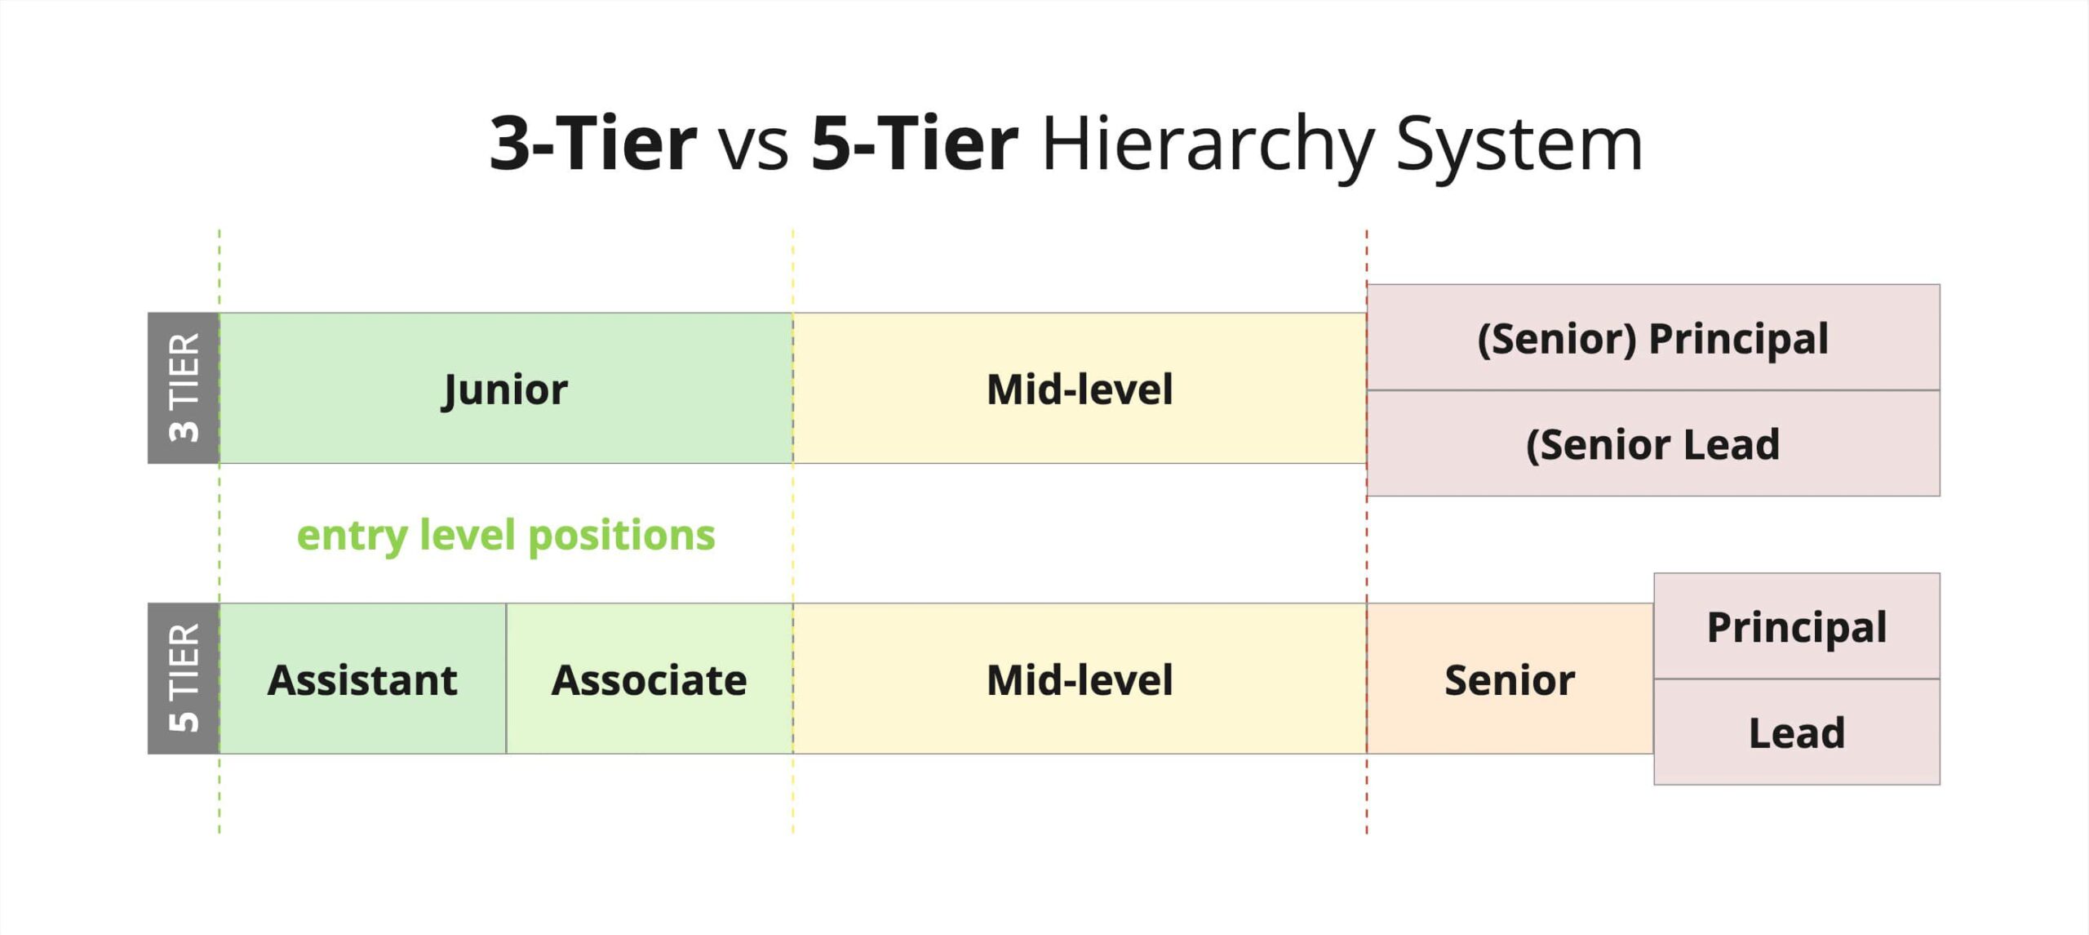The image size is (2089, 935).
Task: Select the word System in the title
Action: point(1519,145)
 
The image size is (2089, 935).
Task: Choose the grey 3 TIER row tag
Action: point(184,388)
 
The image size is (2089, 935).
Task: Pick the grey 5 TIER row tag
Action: point(184,679)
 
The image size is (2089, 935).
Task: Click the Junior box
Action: point(506,388)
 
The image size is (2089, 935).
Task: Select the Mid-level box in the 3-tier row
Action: point(1080,388)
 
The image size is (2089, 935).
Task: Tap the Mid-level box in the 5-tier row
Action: point(1080,679)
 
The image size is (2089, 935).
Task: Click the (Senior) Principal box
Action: point(1653,337)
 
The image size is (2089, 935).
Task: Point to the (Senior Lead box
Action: point(1653,443)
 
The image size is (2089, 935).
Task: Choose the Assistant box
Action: point(363,679)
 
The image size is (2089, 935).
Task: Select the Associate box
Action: point(650,679)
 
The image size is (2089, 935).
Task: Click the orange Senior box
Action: point(1510,679)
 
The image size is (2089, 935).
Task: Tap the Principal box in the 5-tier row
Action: point(1797,626)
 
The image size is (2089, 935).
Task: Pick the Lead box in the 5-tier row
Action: point(1797,732)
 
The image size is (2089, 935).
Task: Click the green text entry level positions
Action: point(506,536)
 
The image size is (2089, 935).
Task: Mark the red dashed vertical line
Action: point(1367,532)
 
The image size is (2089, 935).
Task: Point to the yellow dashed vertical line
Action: point(793,532)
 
